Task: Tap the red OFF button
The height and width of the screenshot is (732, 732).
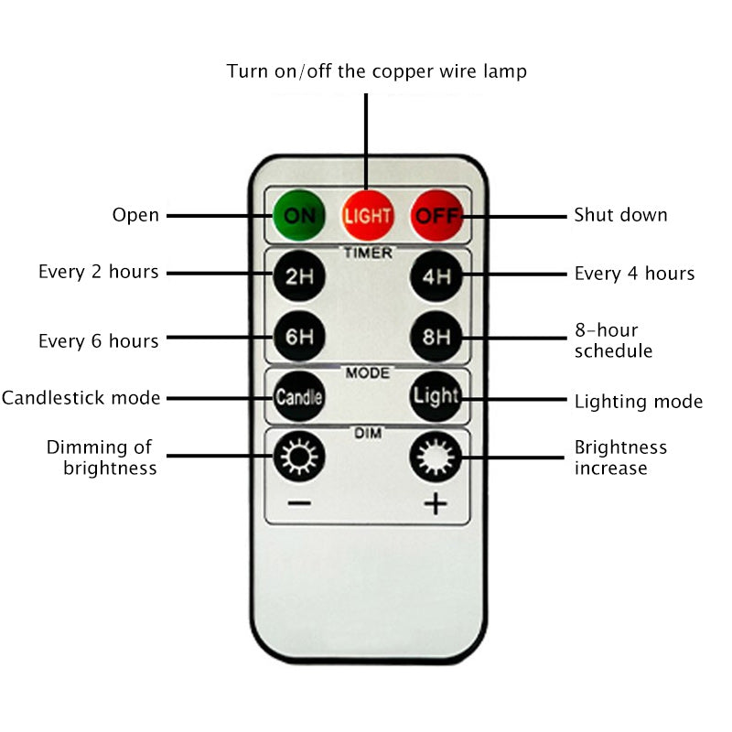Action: coord(436,217)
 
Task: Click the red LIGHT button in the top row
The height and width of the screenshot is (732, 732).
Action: coord(367,217)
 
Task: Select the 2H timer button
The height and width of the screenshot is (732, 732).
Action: coord(298,275)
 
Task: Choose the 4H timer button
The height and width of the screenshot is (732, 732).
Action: coord(436,275)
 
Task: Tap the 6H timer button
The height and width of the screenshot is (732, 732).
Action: coord(298,337)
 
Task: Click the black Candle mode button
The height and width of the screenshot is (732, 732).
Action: coord(298,397)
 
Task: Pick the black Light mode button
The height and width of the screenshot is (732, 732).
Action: coord(435,397)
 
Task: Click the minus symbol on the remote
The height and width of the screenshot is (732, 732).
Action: coord(298,503)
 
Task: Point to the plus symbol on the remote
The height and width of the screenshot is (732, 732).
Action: coord(436,503)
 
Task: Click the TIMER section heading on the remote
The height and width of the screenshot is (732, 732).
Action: coord(368,253)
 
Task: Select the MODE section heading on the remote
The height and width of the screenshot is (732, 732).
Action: coord(368,373)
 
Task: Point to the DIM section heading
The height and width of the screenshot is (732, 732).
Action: coord(368,433)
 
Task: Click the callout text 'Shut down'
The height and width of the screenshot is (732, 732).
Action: coord(620,216)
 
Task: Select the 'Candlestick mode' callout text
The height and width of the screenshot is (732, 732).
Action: coord(81,398)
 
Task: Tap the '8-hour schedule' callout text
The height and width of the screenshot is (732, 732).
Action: coord(613,340)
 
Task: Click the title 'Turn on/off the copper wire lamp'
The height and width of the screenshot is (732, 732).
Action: coord(377,71)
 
